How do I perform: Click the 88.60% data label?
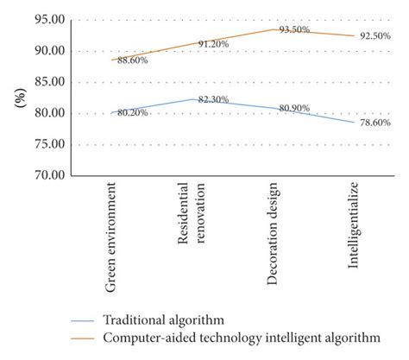133,60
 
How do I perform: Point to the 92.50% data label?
374,35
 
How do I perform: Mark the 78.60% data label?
374,123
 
